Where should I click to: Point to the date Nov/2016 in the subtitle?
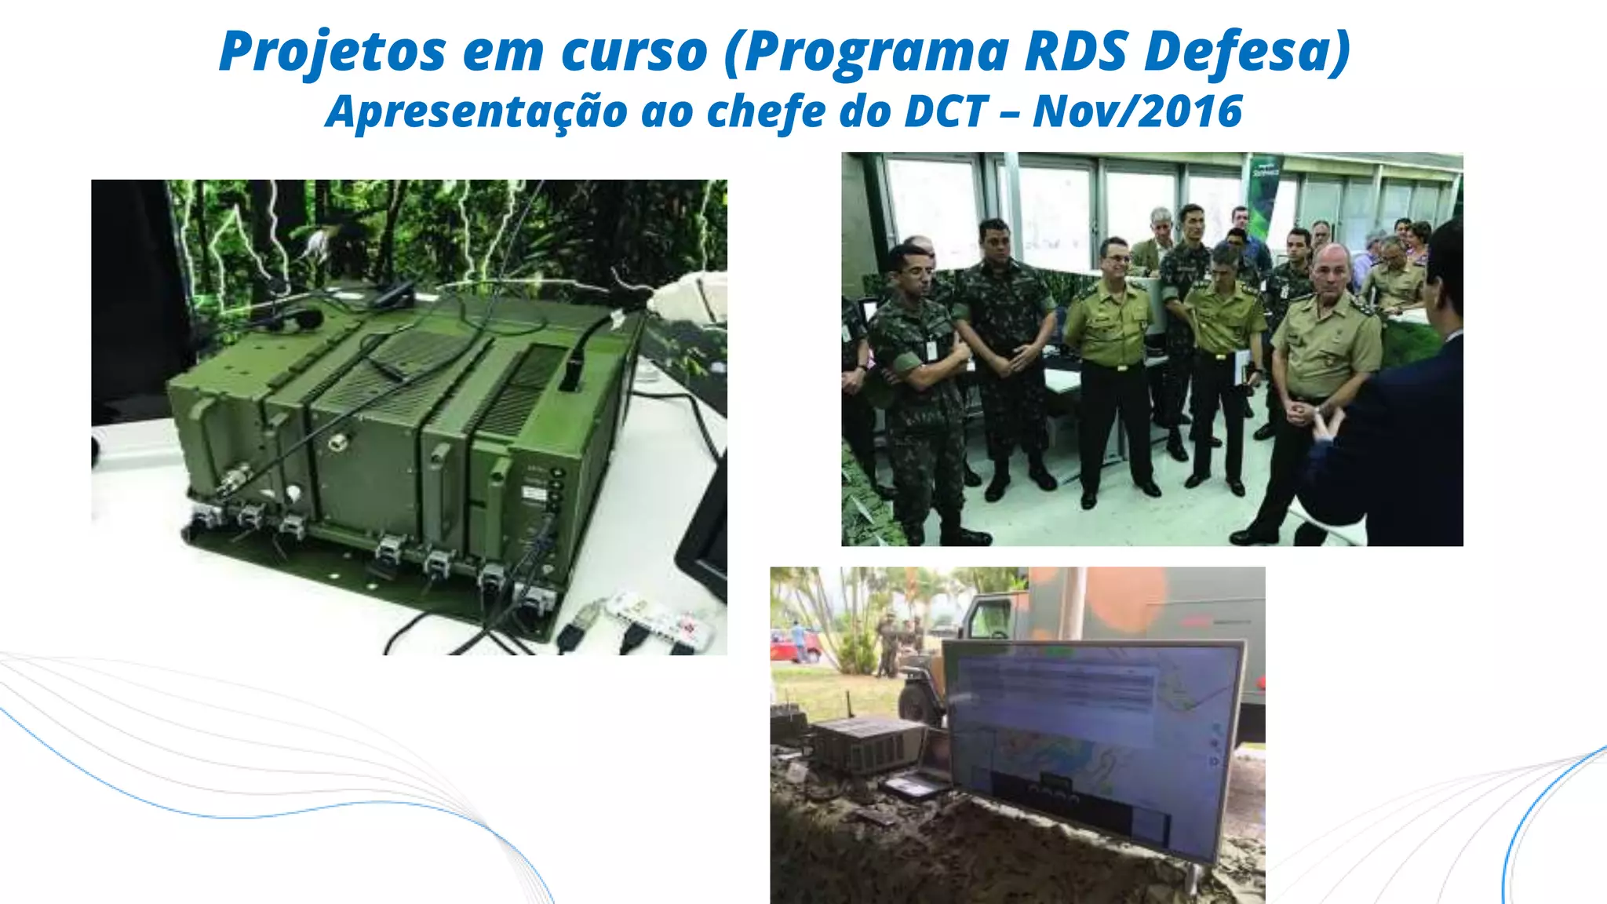tap(1137, 111)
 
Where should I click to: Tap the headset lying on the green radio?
tap(298, 319)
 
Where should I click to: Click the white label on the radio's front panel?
tap(535, 494)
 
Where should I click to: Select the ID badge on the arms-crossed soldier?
tap(931, 348)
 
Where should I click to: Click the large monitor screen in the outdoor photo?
tap(1091, 730)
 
